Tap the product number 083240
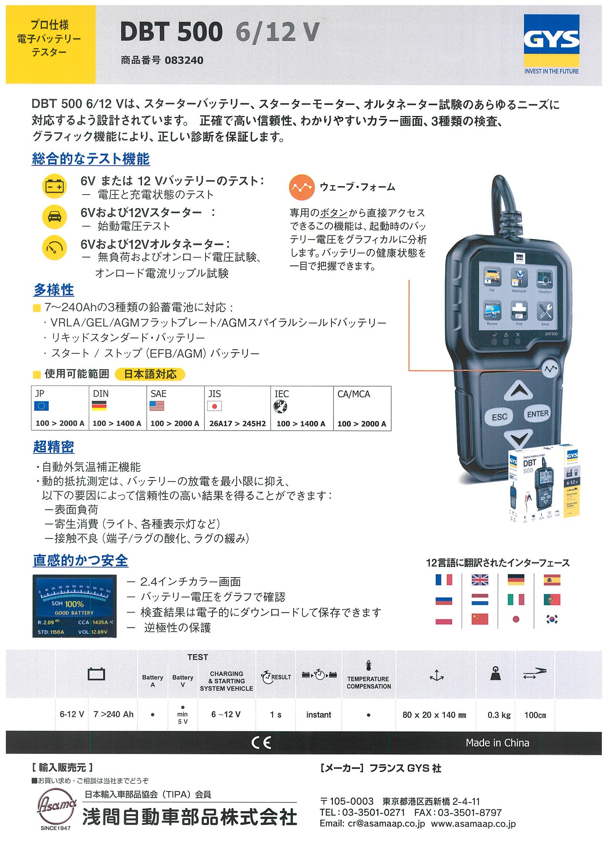[183, 60]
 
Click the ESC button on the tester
[499, 417]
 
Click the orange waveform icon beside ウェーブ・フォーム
[301, 187]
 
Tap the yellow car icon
[55, 217]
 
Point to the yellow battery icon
[55, 186]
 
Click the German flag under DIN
[99, 406]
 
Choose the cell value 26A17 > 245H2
[237, 424]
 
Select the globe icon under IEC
[280, 406]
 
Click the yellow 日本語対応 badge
[150, 374]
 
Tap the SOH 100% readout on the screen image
[68, 604]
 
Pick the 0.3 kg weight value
[499, 715]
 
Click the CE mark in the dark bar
[261, 743]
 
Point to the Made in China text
[497, 743]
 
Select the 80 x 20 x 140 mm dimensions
[434, 715]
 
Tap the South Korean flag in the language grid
[552, 619]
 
